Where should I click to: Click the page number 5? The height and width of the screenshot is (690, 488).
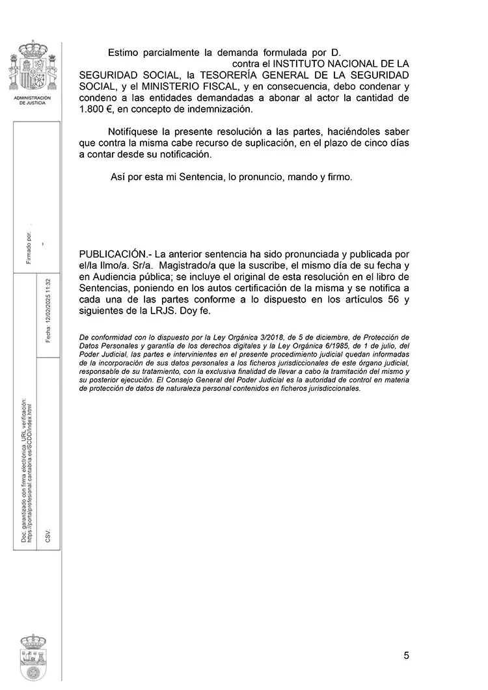pyautogui.click(x=406, y=655)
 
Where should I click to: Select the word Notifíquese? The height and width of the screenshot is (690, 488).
pyautogui.click(x=139, y=131)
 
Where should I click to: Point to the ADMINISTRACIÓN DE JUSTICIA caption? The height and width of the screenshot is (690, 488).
pyautogui.click(x=33, y=100)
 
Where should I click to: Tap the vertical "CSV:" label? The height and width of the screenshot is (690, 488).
pyautogui.click(x=48, y=535)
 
